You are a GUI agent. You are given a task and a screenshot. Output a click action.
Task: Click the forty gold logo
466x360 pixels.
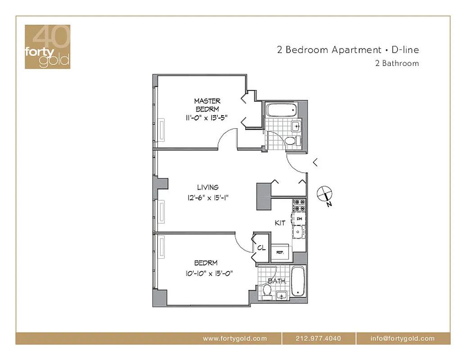[x=47, y=47]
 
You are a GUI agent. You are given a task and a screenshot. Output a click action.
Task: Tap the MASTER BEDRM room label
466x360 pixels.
[x=207, y=105]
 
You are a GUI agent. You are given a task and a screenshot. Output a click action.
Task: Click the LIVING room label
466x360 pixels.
[x=208, y=187]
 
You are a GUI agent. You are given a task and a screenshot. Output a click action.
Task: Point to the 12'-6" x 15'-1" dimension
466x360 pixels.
[x=208, y=197]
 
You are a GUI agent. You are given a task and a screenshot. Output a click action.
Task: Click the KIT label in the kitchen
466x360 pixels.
[x=280, y=223]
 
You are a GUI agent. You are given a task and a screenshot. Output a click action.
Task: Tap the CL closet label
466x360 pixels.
[x=261, y=248]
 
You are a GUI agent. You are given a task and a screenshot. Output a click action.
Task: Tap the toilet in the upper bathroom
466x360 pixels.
[x=291, y=141]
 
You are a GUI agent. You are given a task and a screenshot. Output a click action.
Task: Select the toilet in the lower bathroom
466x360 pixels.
[x=267, y=293]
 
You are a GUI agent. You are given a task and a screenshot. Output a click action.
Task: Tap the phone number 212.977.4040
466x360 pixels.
[x=318, y=338]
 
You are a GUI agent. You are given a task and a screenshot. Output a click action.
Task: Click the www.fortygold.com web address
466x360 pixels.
[x=235, y=338]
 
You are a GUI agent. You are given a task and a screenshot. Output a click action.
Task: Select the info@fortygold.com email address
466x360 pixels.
[x=403, y=338]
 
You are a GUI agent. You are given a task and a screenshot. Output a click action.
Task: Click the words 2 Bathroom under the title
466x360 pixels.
[x=397, y=63]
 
